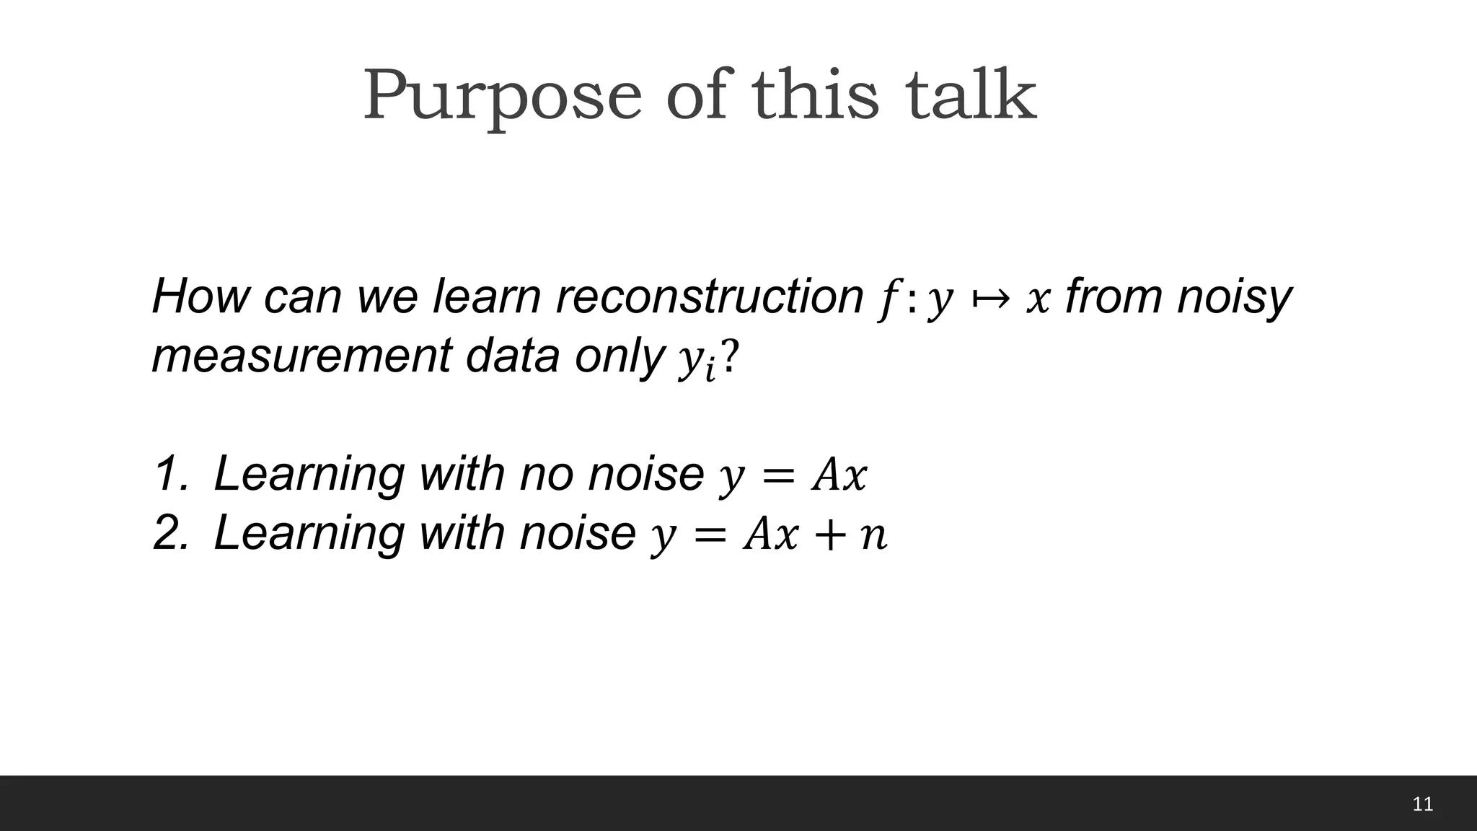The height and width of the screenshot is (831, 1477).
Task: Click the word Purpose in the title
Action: point(502,96)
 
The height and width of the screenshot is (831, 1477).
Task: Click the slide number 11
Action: point(1422,804)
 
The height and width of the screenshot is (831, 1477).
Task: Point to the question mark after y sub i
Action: point(730,356)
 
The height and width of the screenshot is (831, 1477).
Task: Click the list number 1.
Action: point(170,475)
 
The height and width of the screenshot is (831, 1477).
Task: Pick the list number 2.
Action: point(170,534)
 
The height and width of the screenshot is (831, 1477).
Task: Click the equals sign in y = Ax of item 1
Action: point(777,477)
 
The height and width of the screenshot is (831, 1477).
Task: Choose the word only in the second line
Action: point(619,356)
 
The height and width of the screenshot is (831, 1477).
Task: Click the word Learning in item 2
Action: point(309,534)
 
